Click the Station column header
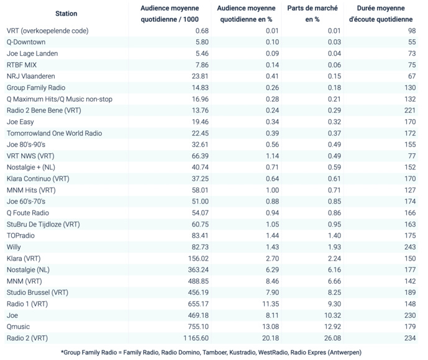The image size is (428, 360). (x=66, y=14)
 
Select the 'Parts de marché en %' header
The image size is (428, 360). (x=311, y=14)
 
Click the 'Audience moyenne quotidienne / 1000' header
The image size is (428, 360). (x=169, y=14)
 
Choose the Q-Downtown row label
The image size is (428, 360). (x=25, y=42)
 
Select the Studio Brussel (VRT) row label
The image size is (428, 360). (x=37, y=292)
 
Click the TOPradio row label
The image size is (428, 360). (x=21, y=236)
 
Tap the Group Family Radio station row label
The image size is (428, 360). (x=35, y=88)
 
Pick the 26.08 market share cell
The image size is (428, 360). (x=332, y=338)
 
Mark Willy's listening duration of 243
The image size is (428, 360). (x=409, y=247)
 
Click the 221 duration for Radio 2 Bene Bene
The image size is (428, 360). (x=409, y=110)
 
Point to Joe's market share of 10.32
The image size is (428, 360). (x=332, y=315)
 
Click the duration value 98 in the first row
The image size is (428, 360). (x=411, y=31)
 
